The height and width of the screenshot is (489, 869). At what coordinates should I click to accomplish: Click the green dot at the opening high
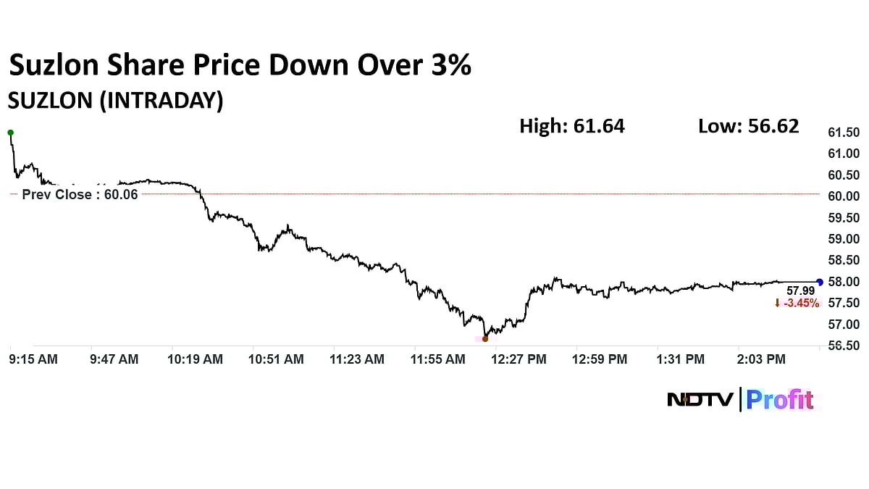click(x=10, y=133)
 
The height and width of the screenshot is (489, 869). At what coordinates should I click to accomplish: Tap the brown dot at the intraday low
click(x=485, y=338)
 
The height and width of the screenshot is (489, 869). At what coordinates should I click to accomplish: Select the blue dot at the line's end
click(x=820, y=282)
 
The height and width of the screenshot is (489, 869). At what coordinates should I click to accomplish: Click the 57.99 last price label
click(x=800, y=291)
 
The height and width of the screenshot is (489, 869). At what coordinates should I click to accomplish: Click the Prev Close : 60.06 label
click(x=80, y=194)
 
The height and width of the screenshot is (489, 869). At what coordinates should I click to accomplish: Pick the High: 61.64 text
click(x=571, y=126)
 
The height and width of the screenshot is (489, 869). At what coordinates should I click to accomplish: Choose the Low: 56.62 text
click(x=748, y=126)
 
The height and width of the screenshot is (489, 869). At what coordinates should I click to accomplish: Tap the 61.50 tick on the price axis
click(x=843, y=133)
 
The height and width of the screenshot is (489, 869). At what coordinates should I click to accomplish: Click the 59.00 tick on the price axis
click(x=843, y=239)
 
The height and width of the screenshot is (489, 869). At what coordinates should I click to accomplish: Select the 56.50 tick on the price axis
click(x=843, y=346)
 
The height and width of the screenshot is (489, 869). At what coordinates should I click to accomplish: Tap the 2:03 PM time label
click(x=762, y=359)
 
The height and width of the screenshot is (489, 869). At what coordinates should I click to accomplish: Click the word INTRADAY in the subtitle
click(x=158, y=101)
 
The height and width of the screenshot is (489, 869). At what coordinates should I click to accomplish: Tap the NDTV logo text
click(x=700, y=399)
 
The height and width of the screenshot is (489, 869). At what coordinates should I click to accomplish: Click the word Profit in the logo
click(x=780, y=399)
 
